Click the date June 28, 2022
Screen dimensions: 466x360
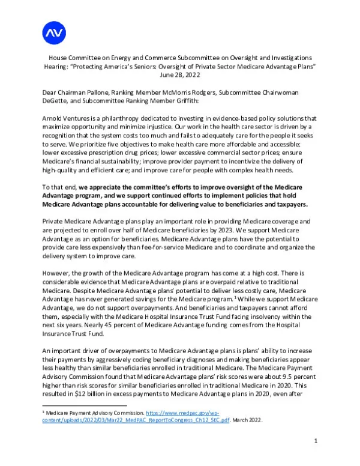[180, 76]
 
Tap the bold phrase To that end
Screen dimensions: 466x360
[60, 187]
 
